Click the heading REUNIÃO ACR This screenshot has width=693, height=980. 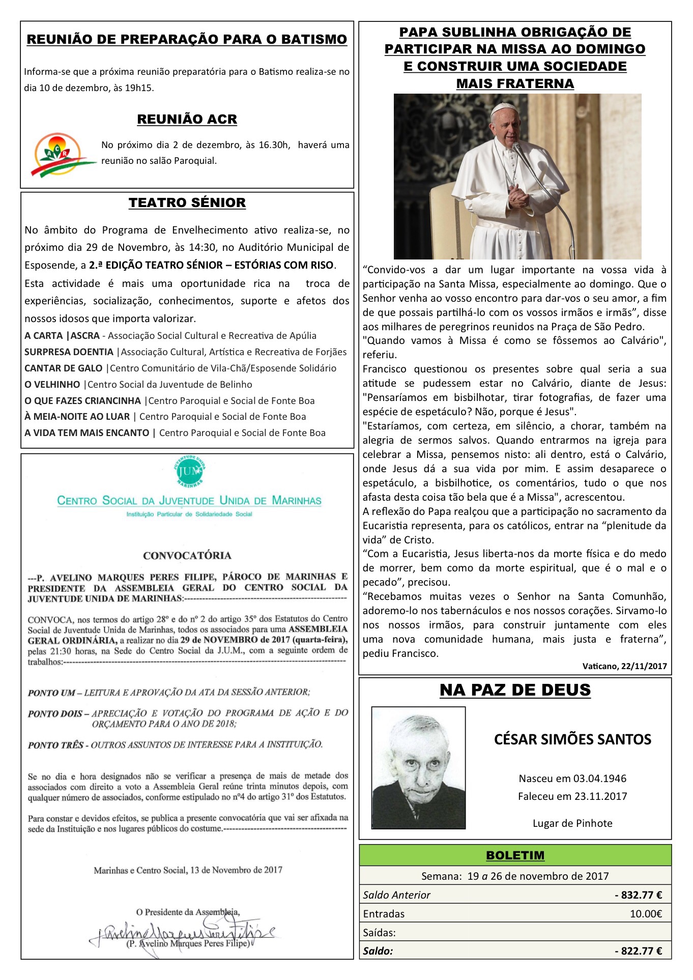pos(187,119)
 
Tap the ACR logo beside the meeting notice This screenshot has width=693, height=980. pos(60,154)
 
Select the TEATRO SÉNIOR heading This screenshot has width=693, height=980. pos(187,203)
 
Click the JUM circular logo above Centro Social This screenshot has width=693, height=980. pos(190,471)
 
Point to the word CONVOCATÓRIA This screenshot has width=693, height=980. pos(187,555)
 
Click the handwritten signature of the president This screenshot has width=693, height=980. pos(183,932)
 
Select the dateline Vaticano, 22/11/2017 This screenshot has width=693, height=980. pos(624,666)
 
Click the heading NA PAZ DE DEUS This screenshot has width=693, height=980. pos(515,690)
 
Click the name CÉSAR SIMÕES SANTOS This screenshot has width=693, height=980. pos(572,739)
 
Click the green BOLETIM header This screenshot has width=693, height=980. pos(515,855)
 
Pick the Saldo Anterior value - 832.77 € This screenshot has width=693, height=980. pos(638,895)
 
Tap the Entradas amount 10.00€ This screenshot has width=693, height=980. pos(646,914)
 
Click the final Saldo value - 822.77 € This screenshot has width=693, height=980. pos(638,951)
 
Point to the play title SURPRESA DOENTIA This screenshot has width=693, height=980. pos(69,352)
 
